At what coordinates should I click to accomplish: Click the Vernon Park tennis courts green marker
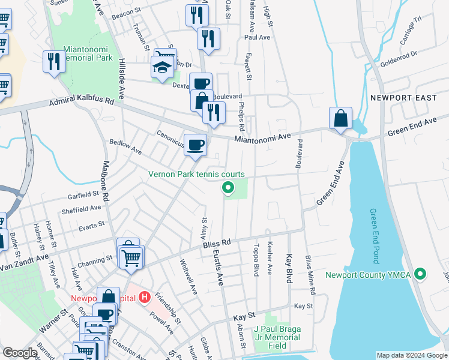(228, 188)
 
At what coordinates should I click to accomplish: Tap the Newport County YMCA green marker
(420, 275)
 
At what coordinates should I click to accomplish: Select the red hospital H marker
(144, 296)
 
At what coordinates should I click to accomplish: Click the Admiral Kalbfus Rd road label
(81, 103)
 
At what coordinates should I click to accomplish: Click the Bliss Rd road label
(217, 243)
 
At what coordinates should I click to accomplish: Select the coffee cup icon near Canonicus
(194, 145)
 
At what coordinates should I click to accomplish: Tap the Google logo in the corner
(20, 353)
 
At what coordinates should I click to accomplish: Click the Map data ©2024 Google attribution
(412, 355)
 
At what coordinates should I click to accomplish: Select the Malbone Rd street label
(106, 188)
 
